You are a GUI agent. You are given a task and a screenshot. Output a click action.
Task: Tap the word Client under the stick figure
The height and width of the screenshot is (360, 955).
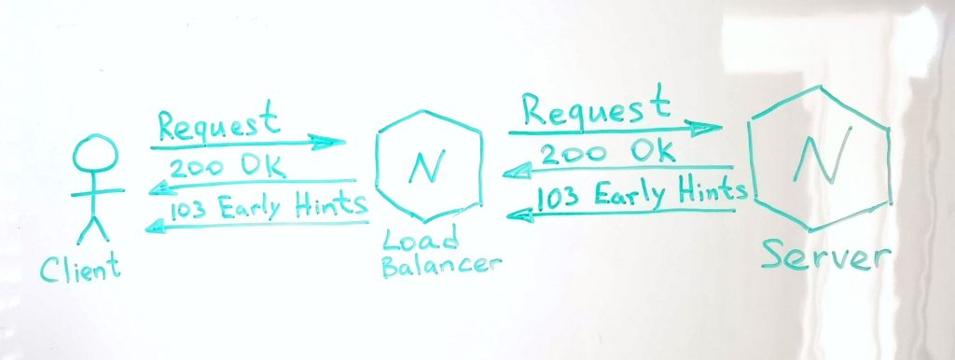[80, 269]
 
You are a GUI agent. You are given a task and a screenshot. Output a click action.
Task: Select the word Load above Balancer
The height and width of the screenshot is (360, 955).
[421, 242]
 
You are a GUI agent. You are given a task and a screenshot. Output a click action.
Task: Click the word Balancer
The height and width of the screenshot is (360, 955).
[441, 266]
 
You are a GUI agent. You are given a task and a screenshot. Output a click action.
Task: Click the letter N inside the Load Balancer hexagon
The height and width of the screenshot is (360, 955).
[428, 166]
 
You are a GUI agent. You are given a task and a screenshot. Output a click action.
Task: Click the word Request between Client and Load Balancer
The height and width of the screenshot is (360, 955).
[218, 124]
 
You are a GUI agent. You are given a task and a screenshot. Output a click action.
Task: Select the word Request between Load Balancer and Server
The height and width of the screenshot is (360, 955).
[596, 108]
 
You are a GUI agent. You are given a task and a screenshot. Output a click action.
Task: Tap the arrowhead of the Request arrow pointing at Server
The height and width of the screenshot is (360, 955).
[703, 128]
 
